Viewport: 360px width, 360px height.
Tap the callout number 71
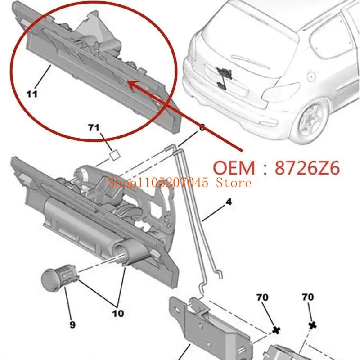(x=93, y=128)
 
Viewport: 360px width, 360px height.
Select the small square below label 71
(x=114, y=155)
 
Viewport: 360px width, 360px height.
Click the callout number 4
(x=229, y=203)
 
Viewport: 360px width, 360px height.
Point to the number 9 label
(x=72, y=324)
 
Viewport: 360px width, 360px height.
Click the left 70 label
(x=262, y=297)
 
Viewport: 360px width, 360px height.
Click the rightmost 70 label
(x=308, y=297)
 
